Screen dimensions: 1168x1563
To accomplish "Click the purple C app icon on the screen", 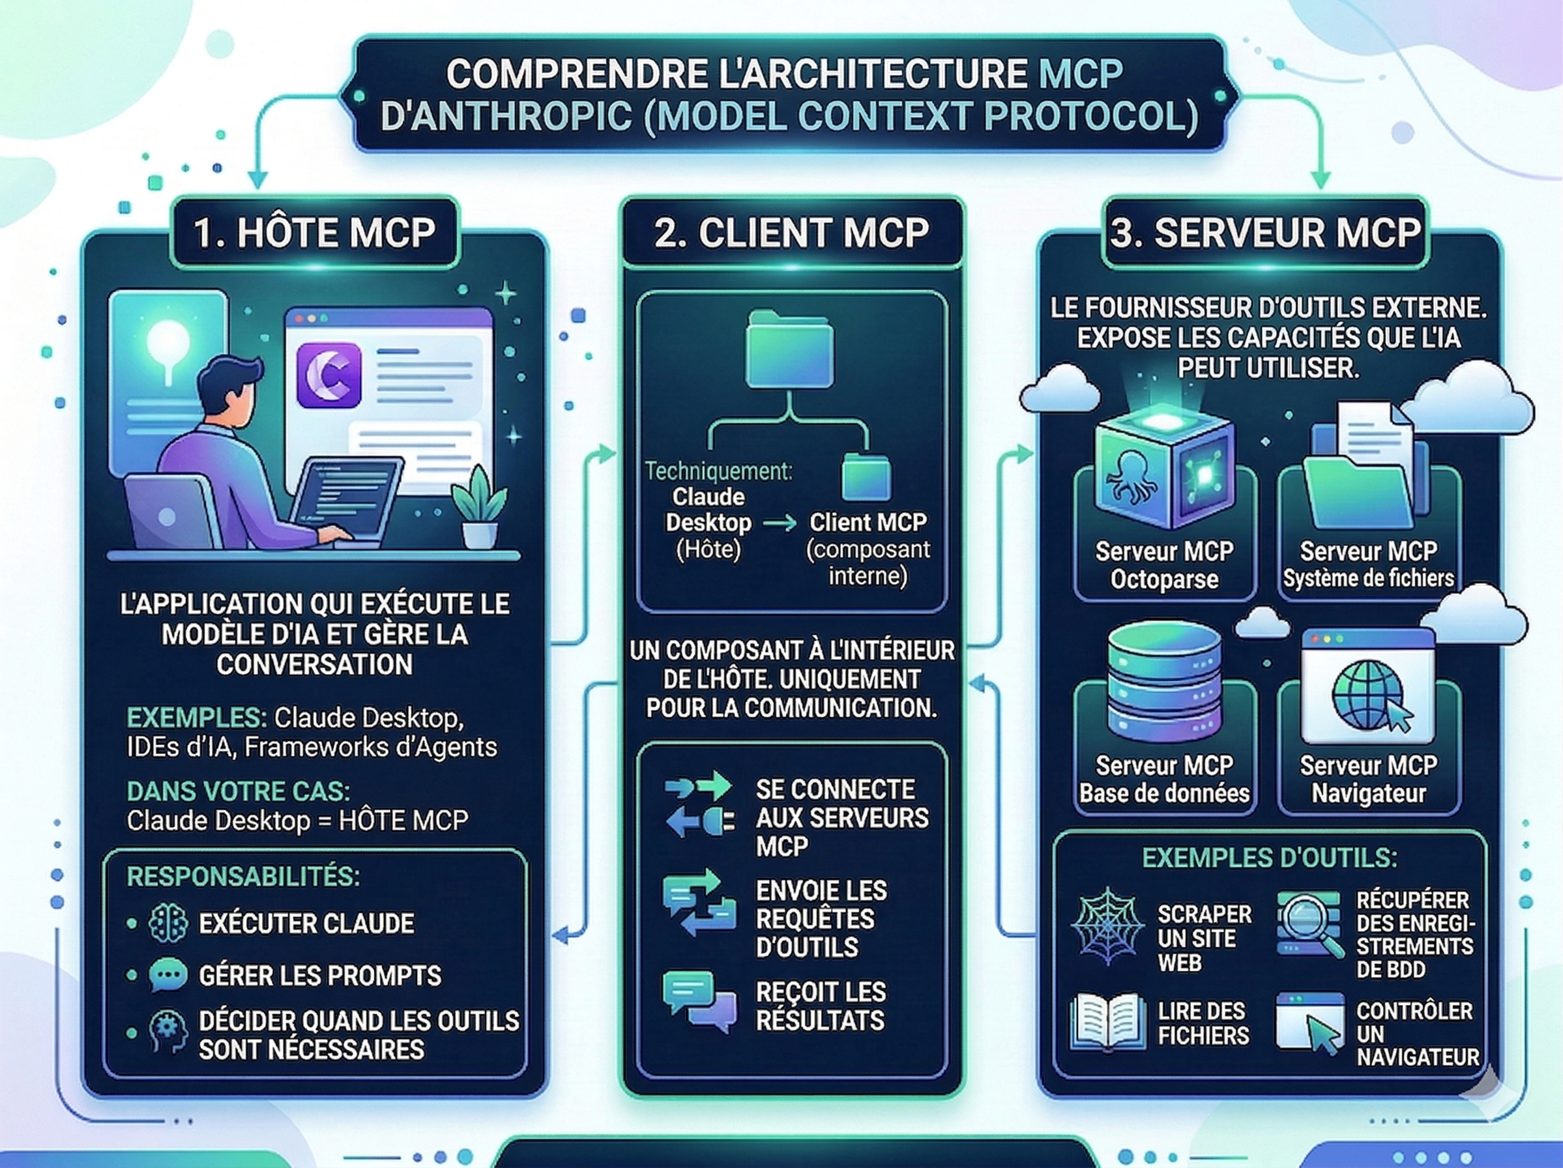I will click(329, 375).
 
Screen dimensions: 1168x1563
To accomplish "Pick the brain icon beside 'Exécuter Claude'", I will click(168, 923).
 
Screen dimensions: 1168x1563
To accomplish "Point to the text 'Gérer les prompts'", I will click(319, 976).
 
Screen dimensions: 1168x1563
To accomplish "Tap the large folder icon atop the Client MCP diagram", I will click(790, 348).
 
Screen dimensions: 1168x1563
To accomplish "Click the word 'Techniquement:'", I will click(719, 471).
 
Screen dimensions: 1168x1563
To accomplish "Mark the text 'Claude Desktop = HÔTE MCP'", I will click(297, 821).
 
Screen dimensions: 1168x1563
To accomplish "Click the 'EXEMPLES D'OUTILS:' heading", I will click(1269, 858).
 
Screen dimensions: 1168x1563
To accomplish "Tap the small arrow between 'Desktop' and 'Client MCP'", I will click(780, 523).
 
